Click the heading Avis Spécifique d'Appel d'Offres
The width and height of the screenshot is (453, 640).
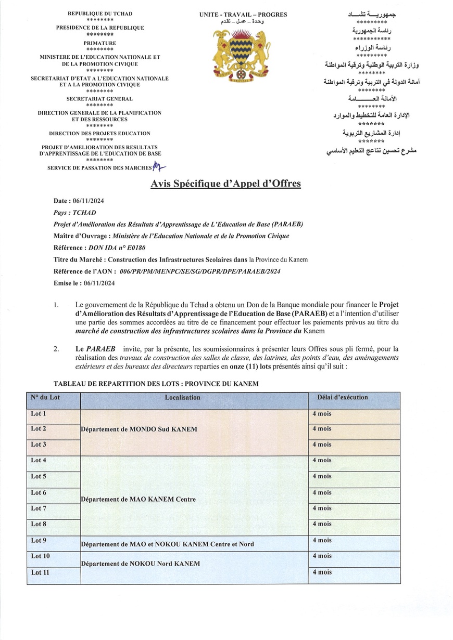click(225, 184)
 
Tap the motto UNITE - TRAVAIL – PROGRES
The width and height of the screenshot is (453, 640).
click(243, 15)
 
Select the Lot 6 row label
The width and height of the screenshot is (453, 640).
click(39, 493)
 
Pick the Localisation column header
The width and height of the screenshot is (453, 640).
click(182, 397)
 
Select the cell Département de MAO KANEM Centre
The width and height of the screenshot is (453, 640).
click(139, 499)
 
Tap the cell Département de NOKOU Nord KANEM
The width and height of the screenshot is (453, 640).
click(140, 564)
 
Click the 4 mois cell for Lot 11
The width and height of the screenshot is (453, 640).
click(322, 572)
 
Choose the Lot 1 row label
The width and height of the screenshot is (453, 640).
click(39, 414)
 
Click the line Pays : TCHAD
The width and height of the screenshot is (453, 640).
click(75, 213)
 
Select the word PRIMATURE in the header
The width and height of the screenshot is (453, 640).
click(100, 43)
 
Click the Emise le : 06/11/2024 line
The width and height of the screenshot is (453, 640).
click(84, 283)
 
